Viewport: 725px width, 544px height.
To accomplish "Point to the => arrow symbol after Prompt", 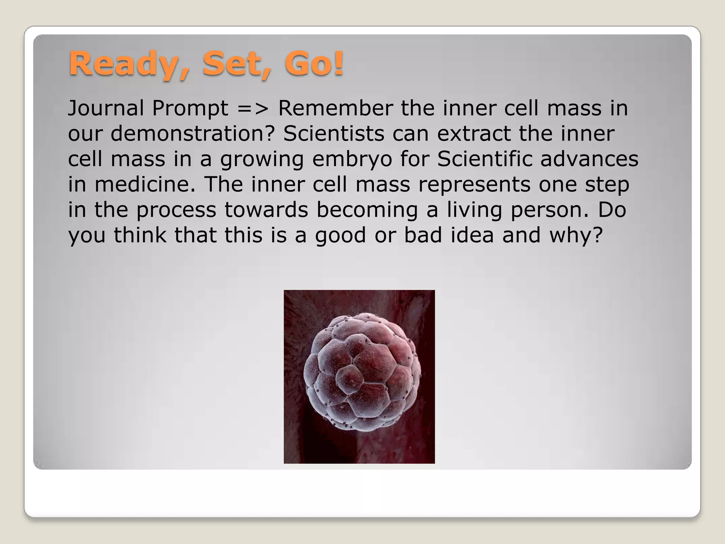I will (253, 108).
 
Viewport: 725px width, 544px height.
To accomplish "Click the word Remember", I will (335, 108).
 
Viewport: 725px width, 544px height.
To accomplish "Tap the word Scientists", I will (334, 134).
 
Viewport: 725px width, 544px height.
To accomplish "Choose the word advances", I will (589, 159).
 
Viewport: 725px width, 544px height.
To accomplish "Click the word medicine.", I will (145, 185).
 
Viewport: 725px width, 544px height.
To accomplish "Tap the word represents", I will (474, 185).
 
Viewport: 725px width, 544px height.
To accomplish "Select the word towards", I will (266, 210).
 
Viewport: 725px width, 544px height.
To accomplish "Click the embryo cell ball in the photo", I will (362, 372).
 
